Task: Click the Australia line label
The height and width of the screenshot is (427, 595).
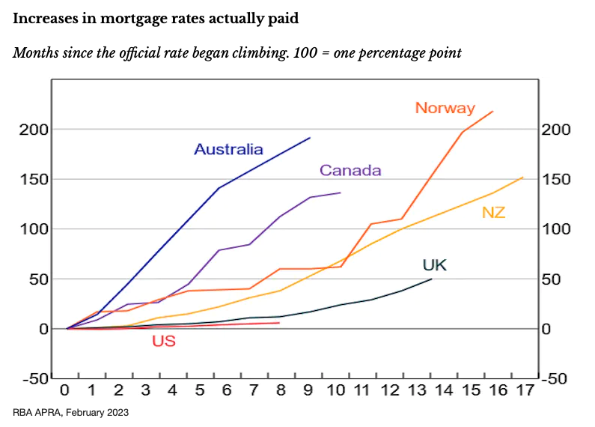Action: tap(228, 149)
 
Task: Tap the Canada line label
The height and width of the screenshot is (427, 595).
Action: tap(350, 171)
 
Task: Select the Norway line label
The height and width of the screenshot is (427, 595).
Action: tap(445, 108)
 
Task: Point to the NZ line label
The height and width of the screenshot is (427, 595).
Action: tap(493, 212)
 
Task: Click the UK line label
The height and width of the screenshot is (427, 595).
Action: tap(434, 264)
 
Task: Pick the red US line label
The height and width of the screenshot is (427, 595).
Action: tap(163, 342)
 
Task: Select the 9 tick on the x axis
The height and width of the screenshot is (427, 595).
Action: tap(308, 390)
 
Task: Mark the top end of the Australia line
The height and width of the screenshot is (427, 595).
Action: tap(310, 137)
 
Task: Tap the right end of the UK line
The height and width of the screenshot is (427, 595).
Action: tap(432, 279)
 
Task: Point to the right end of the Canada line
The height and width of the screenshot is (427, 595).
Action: tap(341, 193)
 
